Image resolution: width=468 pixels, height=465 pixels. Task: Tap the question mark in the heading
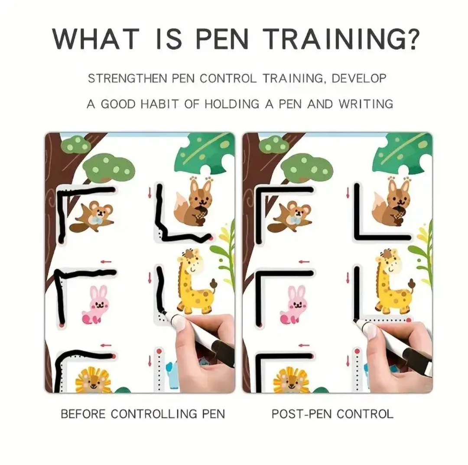[413, 39]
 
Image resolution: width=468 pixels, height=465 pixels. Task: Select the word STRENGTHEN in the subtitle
[127, 79]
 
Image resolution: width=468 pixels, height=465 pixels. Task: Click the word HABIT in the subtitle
[159, 104]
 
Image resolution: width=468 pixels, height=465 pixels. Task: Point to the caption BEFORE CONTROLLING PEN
[143, 414]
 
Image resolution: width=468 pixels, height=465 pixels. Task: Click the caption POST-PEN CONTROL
[332, 414]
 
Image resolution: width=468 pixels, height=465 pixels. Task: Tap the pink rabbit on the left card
[95, 305]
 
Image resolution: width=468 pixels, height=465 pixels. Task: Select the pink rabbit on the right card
[293, 305]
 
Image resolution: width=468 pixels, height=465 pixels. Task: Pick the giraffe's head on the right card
[388, 262]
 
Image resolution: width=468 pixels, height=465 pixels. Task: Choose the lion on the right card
[290, 380]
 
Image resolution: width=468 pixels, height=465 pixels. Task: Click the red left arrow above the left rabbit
[106, 262]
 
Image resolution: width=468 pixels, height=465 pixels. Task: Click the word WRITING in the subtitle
[366, 104]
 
